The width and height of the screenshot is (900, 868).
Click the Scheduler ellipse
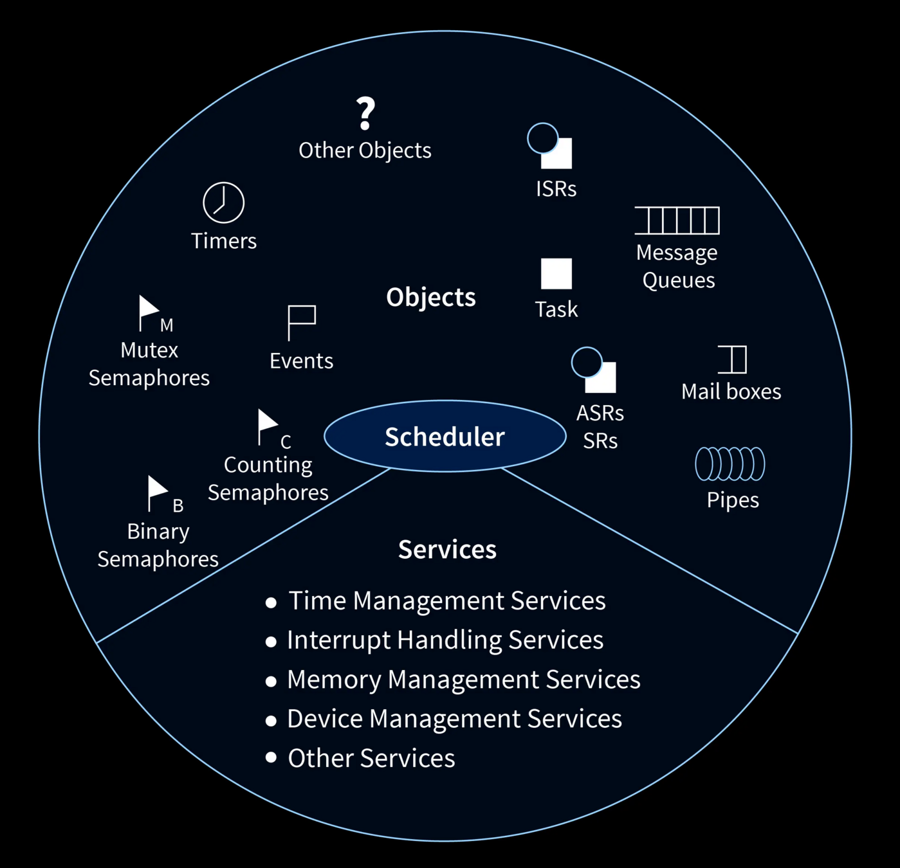[445, 437]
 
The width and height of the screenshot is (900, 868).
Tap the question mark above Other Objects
[365, 113]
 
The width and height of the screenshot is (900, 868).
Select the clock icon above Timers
[223, 203]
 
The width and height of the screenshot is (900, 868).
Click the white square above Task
[556, 274]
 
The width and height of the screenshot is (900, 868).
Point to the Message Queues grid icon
[677, 221]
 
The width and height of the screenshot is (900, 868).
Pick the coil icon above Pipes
[730, 464]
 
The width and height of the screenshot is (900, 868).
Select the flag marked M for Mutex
[149, 312]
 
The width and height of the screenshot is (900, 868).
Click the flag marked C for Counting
[266, 426]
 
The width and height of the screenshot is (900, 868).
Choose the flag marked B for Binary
[156, 493]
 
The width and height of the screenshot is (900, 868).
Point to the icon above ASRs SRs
[594, 370]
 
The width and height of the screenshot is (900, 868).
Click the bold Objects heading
[430, 297]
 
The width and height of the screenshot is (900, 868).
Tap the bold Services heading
[447, 550]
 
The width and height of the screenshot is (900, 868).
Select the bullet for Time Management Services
[271, 602]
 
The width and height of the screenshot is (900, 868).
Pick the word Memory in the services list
[334, 680]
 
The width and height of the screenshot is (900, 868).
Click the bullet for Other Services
[271, 757]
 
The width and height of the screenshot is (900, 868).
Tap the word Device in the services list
[325, 719]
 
